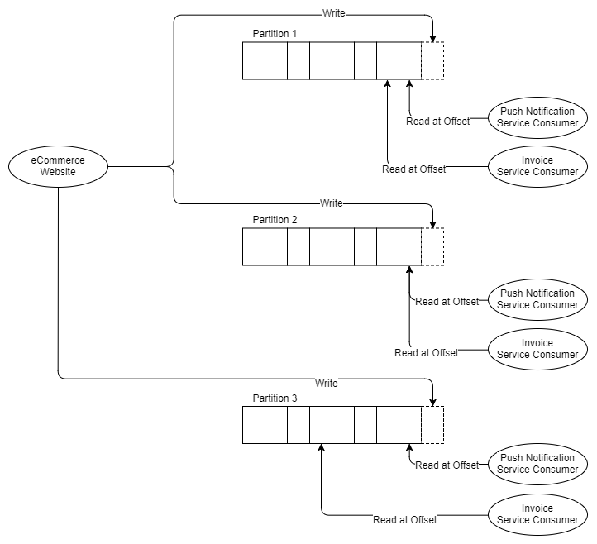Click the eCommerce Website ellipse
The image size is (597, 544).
point(58,166)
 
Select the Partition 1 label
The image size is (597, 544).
point(275,34)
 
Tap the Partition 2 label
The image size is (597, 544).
point(275,220)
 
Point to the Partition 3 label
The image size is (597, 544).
point(275,398)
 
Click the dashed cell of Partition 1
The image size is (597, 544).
point(432,61)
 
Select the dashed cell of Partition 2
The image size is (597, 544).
point(432,247)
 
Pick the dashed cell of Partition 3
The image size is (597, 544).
point(432,425)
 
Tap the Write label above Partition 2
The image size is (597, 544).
point(331,203)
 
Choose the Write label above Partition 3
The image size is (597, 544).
point(327,383)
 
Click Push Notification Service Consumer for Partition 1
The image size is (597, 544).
point(537,117)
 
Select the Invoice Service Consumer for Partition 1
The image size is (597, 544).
point(537,166)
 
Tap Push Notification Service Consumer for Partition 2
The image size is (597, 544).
point(537,299)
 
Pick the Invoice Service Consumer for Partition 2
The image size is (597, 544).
point(537,349)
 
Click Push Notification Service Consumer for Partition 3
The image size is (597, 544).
point(537,464)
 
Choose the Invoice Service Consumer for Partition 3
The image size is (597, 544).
point(537,514)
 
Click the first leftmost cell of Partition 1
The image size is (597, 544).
point(254,61)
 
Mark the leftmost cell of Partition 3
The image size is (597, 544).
point(254,425)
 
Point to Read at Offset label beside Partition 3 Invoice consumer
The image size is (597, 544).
point(405,520)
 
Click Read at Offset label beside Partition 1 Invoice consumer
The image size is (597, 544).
point(413,169)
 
